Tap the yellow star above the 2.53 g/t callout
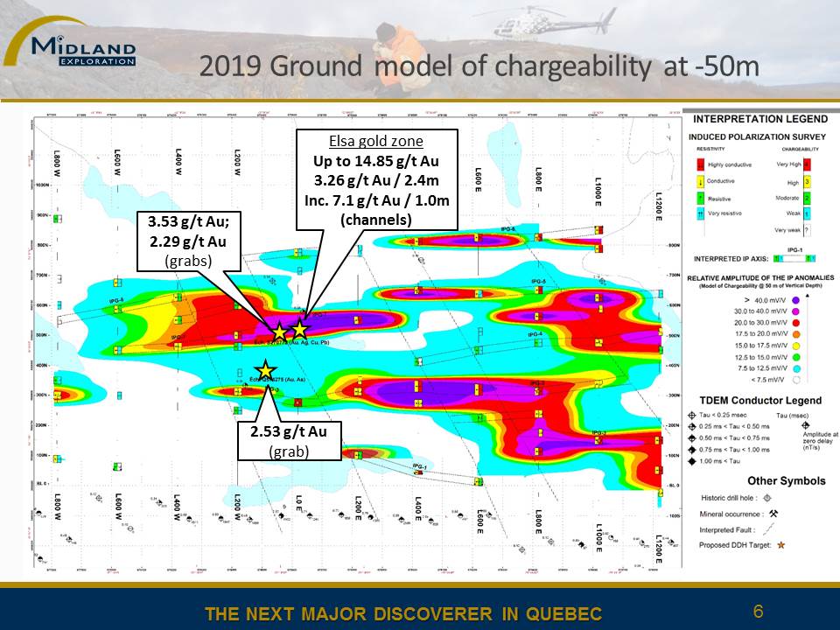click(x=265, y=371)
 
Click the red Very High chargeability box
click(x=805, y=163)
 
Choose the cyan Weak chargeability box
click(x=805, y=213)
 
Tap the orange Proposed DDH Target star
click(x=781, y=545)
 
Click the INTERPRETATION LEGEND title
click(x=759, y=119)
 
